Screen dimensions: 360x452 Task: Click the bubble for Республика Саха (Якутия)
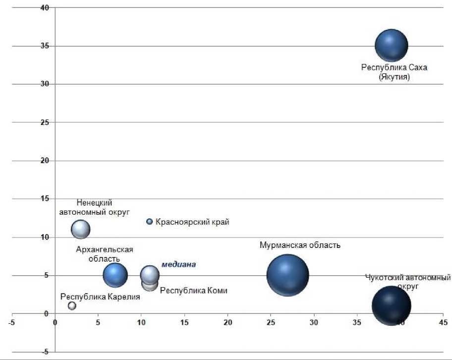click(391, 46)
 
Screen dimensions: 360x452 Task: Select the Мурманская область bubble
click(287, 275)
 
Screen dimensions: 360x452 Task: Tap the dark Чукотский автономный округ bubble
click(391, 305)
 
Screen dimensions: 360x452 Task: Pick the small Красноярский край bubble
click(149, 222)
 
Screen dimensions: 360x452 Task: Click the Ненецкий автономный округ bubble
click(80, 229)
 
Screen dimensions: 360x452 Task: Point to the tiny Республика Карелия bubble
click(72, 306)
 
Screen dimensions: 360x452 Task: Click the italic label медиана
click(178, 265)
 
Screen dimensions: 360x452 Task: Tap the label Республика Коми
click(194, 291)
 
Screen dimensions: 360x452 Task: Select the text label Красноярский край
click(192, 222)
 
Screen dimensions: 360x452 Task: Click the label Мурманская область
click(300, 245)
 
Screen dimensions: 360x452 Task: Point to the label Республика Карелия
click(100, 297)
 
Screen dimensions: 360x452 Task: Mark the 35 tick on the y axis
click(46, 46)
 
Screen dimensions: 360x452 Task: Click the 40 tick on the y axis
click(46, 8)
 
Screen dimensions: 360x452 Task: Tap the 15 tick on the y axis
click(46, 199)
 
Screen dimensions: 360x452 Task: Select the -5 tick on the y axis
click(46, 352)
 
